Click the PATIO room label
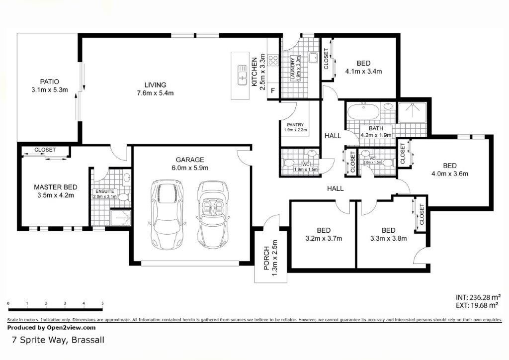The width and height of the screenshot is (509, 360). pyautogui.click(x=50, y=82)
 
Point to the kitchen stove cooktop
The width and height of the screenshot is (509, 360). pyautogui.click(x=273, y=60)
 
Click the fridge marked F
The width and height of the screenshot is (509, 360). pyautogui.click(x=273, y=91)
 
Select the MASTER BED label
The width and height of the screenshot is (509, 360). pyautogui.click(x=55, y=187)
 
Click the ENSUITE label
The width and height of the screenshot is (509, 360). pyautogui.click(x=105, y=191)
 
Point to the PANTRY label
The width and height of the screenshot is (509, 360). pyautogui.click(x=295, y=125)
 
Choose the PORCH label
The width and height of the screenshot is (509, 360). pyautogui.click(x=266, y=258)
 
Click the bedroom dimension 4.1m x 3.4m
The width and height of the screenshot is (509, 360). pyautogui.click(x=363, y=71)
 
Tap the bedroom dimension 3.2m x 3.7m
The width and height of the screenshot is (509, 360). pyautogui.click(x=324, y=238)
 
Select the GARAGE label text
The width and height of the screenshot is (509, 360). pyautogui.click(x=189, y=160)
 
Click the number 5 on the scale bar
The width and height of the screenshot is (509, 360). pyautogui.click(x=102, y=303)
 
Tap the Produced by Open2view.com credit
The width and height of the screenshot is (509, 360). pyautogui.click(x=51, y=328)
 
